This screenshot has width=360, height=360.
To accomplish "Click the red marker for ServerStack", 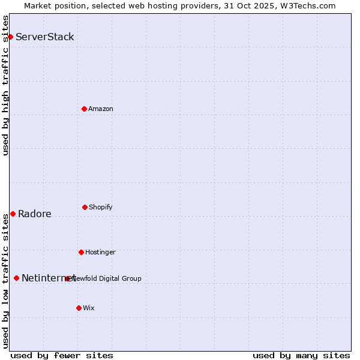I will pyautogui.click(x=10, y=37).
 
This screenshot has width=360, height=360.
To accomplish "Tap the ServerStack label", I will pyautogui.click(x=45, y=37).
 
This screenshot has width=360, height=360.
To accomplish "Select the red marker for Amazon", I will pyautogui.click(x=84, y=109).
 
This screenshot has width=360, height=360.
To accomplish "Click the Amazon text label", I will pyautogui.click(x=101, y=109).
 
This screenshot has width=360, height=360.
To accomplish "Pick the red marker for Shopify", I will pyautogui.click(x=85, y=207).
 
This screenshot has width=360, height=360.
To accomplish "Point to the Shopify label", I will pyautogui.click(x=101, y=207).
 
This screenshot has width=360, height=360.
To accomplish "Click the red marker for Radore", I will pyautogui.click(x=13, y=214).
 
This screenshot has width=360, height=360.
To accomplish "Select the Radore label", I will pyautogui.click(x=35, y=214).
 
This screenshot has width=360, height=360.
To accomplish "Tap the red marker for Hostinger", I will pyautogui.click(x=81, y=252).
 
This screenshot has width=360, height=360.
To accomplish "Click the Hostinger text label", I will pyautogui.click(x=100, y=252).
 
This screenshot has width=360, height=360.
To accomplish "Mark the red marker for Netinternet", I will pyautogui.click(x=16, y=278).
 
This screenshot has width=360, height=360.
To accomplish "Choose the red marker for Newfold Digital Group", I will pyautogui.click(x=67, y=278).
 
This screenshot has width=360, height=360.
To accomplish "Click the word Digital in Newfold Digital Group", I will pyautogui.click(x=111, y=278).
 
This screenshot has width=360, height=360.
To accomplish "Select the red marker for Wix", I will pyautogui.click(x=79, y=308).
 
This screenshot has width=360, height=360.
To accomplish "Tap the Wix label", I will pyautogui.click(x=89, y=308).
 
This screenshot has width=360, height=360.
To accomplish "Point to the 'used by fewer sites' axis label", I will pyautogui.click(x=62, y=355).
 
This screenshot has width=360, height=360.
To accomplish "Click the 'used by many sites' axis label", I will pyautogui.click(x=301, y=355).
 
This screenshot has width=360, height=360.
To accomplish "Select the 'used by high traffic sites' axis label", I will pyautogui.click(x=5, y=85).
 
